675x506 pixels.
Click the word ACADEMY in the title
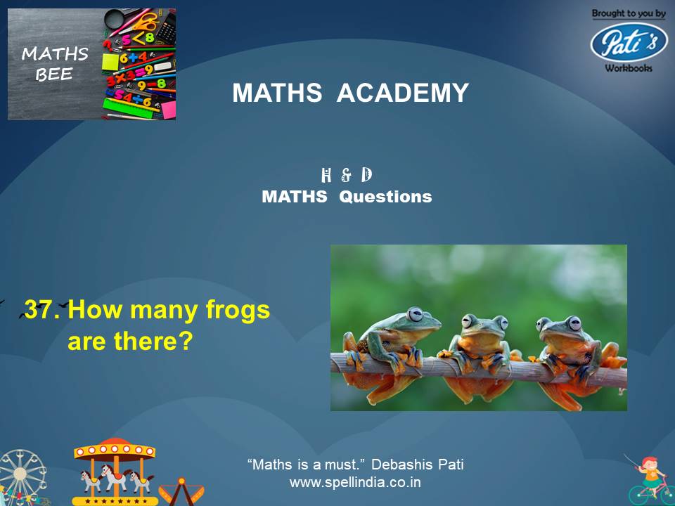(x=403, y=93)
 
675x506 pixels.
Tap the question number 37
(x=41, y=310)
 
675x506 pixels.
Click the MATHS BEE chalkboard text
(x=55, y=64)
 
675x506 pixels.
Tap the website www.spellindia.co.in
(x=355, y=483)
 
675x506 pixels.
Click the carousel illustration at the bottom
(x=114, y=471)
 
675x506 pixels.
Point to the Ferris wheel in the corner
(x=21, y=478)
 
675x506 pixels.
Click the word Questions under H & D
(x=385, y=197)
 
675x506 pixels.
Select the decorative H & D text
(x=346, y=176)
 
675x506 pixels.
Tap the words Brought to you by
(x=628, y=13)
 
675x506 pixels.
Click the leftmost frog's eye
(x=416, y=313)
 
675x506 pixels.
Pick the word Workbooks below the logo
(x=628, y=68)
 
